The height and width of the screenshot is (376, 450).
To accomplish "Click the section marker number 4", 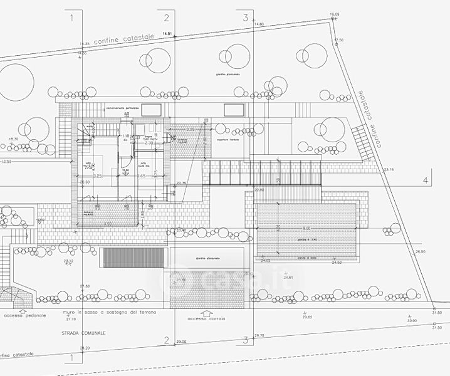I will coord(426,180).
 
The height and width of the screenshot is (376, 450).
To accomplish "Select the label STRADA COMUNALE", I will coord(83,333).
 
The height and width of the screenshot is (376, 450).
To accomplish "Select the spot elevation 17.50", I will coord(339,40).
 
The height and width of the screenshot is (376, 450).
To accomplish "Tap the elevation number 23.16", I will coord(389,170).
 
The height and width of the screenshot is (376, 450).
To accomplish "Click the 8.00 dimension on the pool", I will coord(306,227).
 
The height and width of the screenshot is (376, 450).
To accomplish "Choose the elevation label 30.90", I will coord(412,320).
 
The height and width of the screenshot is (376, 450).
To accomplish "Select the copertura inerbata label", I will coord(229,140).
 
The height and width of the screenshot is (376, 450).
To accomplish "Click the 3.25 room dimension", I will coord(98,177).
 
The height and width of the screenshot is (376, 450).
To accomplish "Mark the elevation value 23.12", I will coord(68,261).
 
